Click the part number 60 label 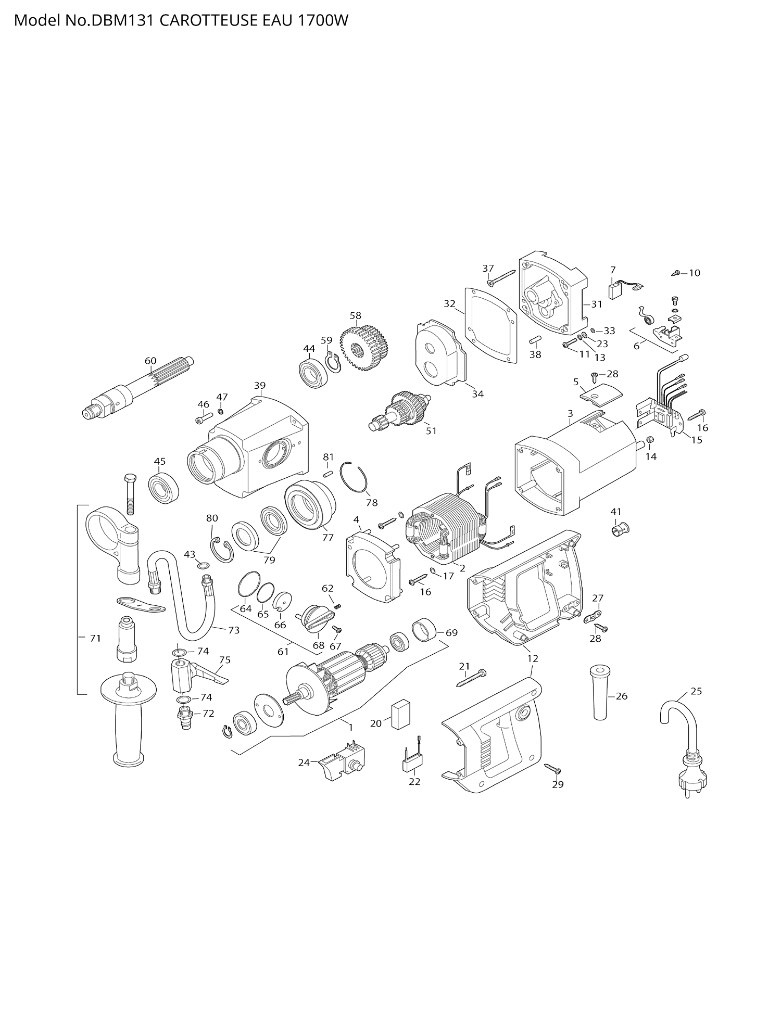tap(150, 361)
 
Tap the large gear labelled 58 tap(366, 348)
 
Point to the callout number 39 tap(260, 385)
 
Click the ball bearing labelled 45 tap(163, 488)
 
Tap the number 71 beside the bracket tap(95, 638)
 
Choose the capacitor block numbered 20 tap(401, 714)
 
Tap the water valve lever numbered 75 tap(211, 675)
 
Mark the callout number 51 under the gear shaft tap(431, 431)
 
